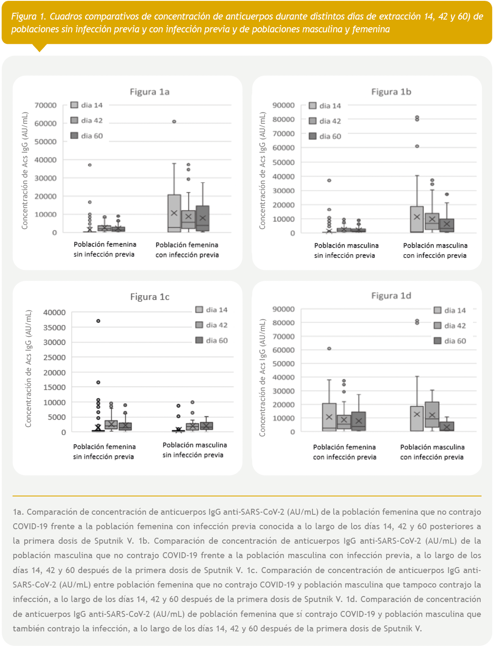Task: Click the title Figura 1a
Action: click(x=149, y=92)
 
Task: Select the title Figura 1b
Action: click(x=391, y=92)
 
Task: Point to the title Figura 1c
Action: click(x=149, y=297)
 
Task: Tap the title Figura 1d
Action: click(x=391, y=296)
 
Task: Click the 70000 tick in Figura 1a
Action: click(x=46, y=105)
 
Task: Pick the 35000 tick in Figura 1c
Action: click(x=54, y=327)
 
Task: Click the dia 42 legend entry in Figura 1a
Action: click(x=87, y=120)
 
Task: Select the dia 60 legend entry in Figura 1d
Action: click(x=450, y=341)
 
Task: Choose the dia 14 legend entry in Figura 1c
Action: click(x=212, y=310)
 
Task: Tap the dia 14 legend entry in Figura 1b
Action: click(x=325, y=106)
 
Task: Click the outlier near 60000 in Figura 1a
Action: click(x=174, y=122)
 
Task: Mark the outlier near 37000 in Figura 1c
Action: click(x=98, y=321)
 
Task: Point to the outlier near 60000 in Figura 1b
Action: click(x=417, y=146)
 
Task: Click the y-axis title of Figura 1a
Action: click(x=25, y=170)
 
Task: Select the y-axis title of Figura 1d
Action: click(x=262, y=378)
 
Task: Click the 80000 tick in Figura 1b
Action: click(x=284, y=120)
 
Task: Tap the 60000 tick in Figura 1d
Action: click(x=284, y=350)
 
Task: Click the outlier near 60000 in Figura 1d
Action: click(x=329, y=349)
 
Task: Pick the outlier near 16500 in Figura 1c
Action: click(x=98, y=382)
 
